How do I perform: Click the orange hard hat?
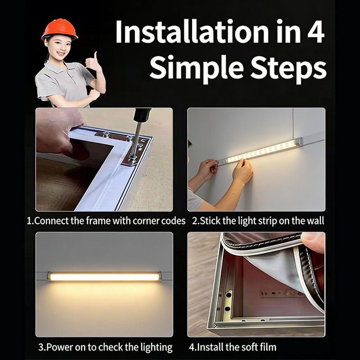pyautogui.click(x=59, y=29)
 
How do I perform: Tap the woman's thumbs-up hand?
pyautogui.click(x=93, y=62)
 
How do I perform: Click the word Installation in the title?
pyautogui.click(x=192, y=31)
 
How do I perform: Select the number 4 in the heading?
pyautogui.click(x=316, y=31)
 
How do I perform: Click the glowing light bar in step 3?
pyautogui.click(x=104, y=276)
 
